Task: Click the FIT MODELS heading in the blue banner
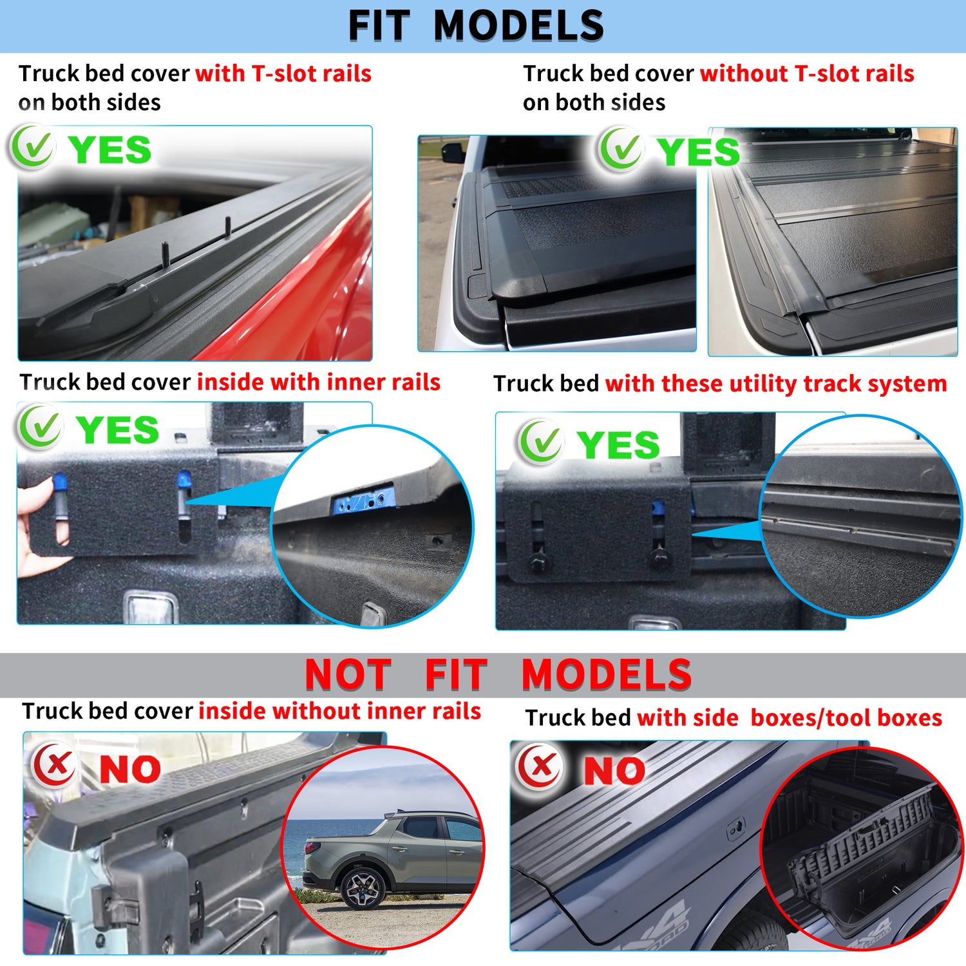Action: pos(476,26)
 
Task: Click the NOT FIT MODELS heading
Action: pos(498,674)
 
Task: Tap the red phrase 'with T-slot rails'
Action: pos(283,73)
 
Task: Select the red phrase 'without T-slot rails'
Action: pos(807,73)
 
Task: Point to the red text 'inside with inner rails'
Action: pos(319,382)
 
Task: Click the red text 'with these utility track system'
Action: pos(776,384)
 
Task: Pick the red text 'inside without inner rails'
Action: pos(339,711)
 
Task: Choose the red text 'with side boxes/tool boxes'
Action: pos(790,717)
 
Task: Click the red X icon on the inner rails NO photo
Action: pos(55,765)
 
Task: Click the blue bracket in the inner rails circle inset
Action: pos(362,499)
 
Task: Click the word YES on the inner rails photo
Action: pos(117,430)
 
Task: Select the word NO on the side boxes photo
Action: pos(614,771)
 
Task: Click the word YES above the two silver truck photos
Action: pos(698,152)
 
